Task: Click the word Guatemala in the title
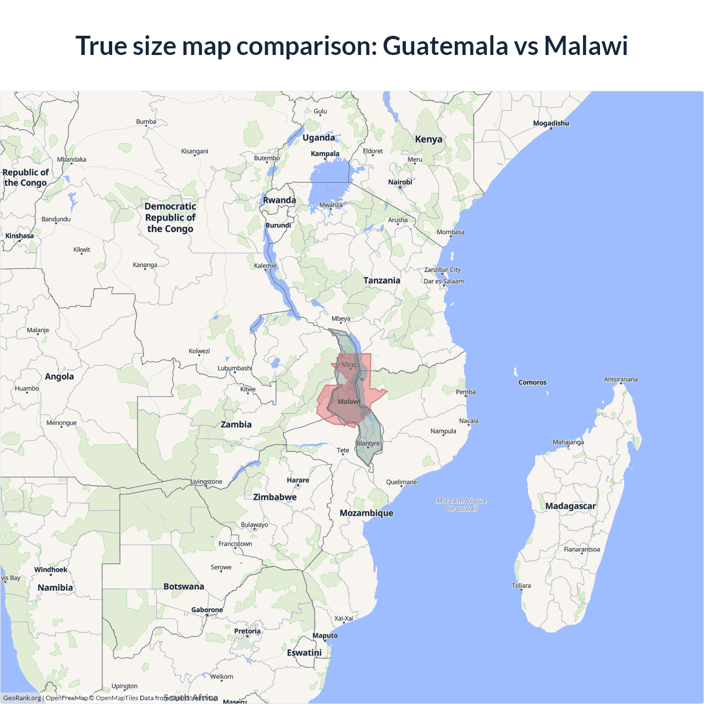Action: click(445, 46)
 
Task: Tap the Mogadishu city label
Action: click(551, 123)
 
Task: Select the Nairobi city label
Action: click(400, 182)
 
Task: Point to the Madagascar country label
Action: click(570, 506)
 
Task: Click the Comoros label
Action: click(532, 382)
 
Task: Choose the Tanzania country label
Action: click(382, 280)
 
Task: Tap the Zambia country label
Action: click(236, 425)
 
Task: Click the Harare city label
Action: click(298, 480)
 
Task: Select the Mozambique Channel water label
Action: click(461, 505)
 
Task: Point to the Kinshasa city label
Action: click(20, 236)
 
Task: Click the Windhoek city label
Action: click(51, 570)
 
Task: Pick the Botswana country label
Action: click(184, 587)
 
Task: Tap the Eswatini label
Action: click(304, 653)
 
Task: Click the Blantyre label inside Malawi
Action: click(368, 443)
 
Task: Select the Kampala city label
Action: click(325, 153)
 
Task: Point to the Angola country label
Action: click(59, 377)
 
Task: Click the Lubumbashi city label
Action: click(235, 368)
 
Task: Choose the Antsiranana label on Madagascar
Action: click(620, 380)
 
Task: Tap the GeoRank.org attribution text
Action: click(22, 698)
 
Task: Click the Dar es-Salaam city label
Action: click(443, 281)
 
